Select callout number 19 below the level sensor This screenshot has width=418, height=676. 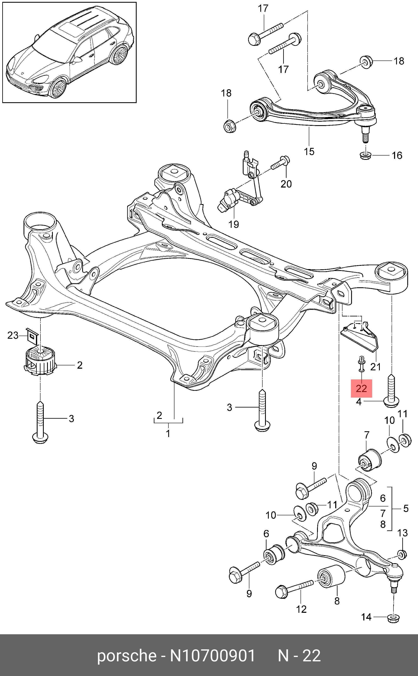click(x=234, y=224)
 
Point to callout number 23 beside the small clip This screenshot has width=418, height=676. click(x=13, y=335)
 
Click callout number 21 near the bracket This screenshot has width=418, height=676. click(x=375, y=367)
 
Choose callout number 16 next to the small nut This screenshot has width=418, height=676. click(x=397, y=156)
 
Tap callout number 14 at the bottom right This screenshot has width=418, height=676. click(x=366, y=617)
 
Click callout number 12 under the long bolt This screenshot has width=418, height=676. click(x=301, y=609)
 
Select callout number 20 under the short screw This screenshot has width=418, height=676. click(x=286, y=184)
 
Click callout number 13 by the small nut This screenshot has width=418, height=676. click(x=403, y=533)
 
